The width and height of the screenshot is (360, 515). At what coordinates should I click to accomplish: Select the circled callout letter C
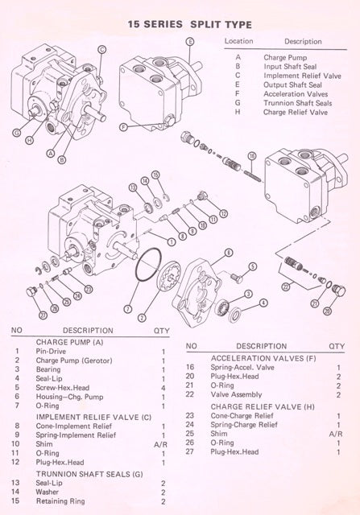(101, 49)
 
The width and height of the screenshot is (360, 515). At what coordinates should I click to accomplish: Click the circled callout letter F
(122, 126)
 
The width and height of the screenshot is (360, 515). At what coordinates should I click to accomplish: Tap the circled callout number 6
(229, 253)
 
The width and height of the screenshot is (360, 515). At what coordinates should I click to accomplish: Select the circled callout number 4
(263, 303)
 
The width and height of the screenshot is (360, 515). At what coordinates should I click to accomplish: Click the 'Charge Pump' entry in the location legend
(283, 58)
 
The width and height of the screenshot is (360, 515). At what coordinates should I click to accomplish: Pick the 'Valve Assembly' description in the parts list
(232, 394)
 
